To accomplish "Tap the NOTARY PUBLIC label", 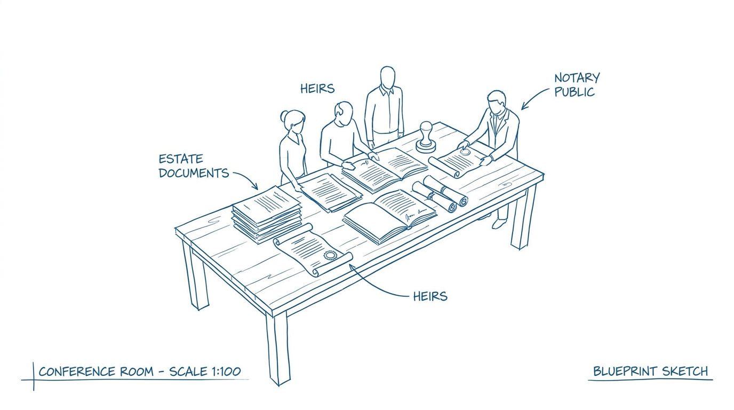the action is click(577, 85).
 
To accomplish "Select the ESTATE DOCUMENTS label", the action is click(194, 166).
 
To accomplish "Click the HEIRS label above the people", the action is click(317, 89).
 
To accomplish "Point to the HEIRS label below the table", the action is click(430, 296).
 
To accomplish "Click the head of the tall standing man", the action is click(388, 77).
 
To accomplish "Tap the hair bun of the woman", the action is click(284, 116).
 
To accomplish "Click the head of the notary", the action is click(497, 102).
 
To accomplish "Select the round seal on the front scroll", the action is click(330, 255).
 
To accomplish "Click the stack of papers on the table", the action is click(267, 215).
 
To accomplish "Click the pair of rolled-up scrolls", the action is click(440, 193).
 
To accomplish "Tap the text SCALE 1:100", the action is click(205, 372).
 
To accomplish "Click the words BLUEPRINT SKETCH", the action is click(650, 372).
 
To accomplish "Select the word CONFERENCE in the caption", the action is click(77, 372).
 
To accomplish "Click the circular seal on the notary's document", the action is click(465, 152).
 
